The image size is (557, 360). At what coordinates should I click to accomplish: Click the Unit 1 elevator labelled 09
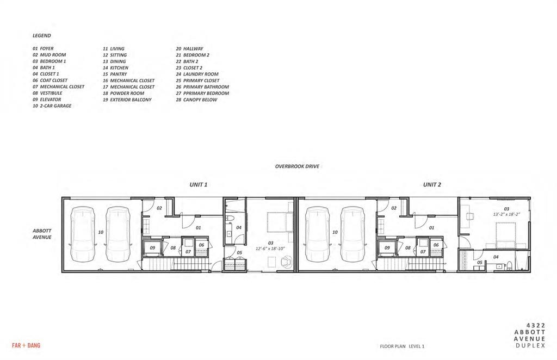pyautogui.click(x=153, y=249)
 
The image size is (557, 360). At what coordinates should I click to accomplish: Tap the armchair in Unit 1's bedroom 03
pyautogui.click(x=285, y=261)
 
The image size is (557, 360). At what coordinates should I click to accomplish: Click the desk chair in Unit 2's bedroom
pyautogui.click(x=469, y=216)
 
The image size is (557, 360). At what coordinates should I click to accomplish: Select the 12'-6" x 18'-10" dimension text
pyautogui.click(x=270, y=249)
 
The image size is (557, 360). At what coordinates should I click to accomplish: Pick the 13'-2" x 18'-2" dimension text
pyautogui.click(x=506, y=215)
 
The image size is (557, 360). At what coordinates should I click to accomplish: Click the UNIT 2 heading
pyautogui.click(x=432, y=185)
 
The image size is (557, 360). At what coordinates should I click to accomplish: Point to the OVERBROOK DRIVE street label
pyautogui.click(x=296, y=166)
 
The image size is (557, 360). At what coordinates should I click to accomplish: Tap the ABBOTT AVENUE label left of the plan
pyautogui.click(x=42, y=234)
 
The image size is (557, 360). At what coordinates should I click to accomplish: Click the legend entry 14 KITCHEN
pyautogui.click(x=115, y=68)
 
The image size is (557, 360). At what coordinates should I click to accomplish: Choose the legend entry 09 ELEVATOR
pyautogui.click(x=47, y=100)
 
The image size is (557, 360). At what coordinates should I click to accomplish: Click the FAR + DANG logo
pyautogui.click(x=26, y=345)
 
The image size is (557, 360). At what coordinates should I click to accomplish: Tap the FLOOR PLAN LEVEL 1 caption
pyautogui.click(x=402, y=346)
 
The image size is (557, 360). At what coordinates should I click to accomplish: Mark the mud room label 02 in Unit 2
pyautogui.click(x=393, y=208)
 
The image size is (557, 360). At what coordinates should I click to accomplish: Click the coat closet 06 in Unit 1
pyautogui.click(x=201, y=245)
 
